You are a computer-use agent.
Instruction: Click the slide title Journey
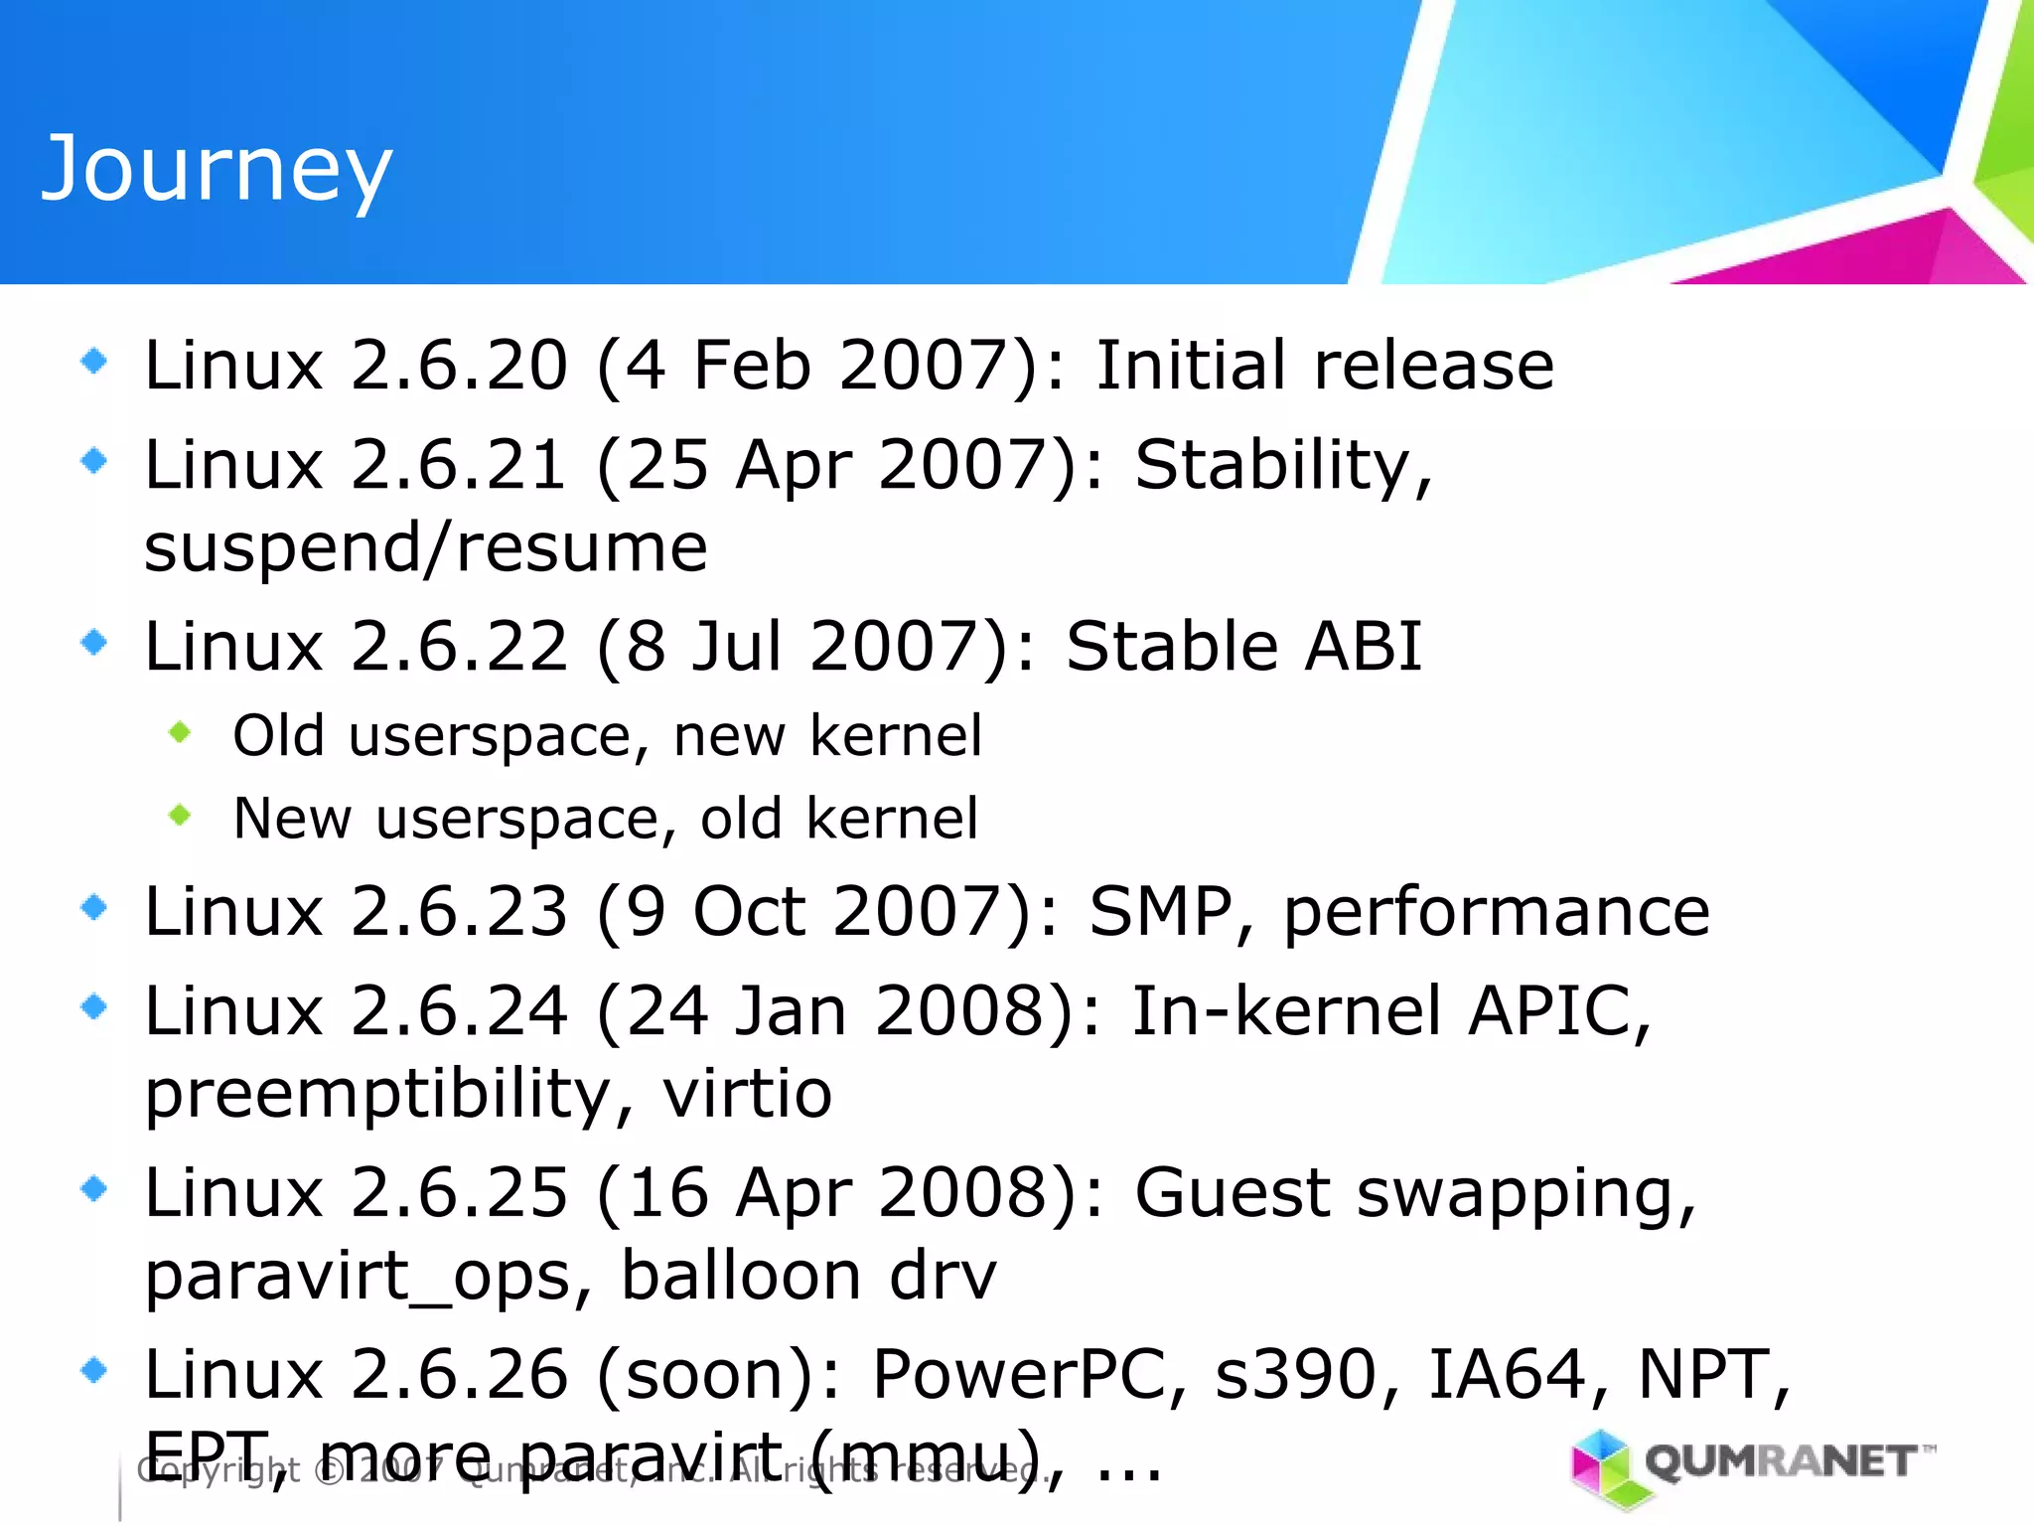217,169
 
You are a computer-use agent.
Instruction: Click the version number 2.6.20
459,365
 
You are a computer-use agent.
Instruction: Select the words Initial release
1324,365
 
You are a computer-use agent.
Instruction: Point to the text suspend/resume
425,547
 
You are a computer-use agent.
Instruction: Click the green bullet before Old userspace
180,733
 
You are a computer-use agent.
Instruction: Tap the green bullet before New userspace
180,816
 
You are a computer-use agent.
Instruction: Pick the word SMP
1160,911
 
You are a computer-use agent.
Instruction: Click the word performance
1496,911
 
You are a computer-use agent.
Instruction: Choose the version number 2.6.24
459,1011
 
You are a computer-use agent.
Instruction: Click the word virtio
747,1094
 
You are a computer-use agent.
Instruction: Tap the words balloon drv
807,1276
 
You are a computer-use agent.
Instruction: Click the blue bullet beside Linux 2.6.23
94,907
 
